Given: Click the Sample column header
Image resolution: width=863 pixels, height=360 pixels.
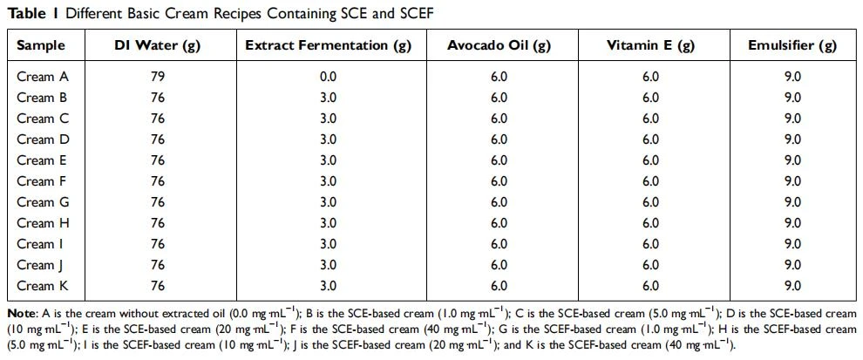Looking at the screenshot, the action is [x=41, y=45].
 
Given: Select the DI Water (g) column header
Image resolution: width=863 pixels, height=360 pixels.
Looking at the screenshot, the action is [x=158, y=45].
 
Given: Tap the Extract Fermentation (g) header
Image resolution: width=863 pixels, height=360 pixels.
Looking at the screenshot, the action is [x=329, y=45].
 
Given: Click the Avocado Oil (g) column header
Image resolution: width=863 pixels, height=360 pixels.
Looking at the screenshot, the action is [x=499, y=45].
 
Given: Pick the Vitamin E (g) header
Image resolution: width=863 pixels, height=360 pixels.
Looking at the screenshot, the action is [x=650, y=45].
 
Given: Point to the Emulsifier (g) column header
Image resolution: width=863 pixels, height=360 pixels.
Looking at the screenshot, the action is [x=792, y=45].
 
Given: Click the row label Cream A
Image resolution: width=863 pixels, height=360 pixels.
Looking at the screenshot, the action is [x=43, y=77].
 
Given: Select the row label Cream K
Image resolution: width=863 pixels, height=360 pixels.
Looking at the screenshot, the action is [x=43, y=286].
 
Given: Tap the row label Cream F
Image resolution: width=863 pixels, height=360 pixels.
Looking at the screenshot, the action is [x=43, y=181].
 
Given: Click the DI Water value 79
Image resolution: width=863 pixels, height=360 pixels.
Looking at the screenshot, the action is [x=158, y=77].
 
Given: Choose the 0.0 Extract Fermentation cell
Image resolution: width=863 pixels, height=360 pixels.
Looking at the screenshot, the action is [x=329, y=77].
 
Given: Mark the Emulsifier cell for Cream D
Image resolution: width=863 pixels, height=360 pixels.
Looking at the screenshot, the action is [x=792, y=139].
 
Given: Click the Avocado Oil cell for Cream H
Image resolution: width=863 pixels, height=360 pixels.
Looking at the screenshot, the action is [x=499, y=223].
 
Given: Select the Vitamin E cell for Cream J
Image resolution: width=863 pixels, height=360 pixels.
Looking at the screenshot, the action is [x=650, y=265].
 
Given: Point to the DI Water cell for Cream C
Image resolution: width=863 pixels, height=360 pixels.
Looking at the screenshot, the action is [x=158, y=119].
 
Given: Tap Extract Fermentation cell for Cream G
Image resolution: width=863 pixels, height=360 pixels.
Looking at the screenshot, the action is [x=329, y=202].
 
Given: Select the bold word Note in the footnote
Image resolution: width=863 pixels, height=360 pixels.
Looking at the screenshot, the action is [x=20, y=314].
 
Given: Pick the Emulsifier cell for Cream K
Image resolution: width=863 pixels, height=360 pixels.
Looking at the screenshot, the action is [x=792, y=286].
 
